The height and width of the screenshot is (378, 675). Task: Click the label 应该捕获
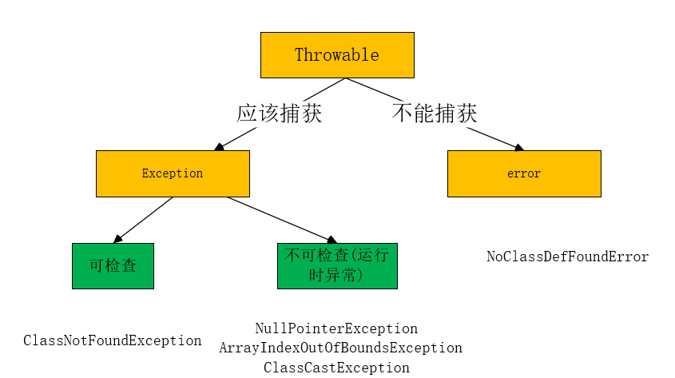(x=279, y=113)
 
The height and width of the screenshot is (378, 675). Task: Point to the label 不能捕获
(x=435, y=113)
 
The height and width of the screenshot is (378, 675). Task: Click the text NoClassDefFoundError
(x=568, y=257)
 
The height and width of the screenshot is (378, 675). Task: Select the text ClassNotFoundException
(x=113, y=340)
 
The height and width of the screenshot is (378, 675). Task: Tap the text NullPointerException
(x=336, y=328)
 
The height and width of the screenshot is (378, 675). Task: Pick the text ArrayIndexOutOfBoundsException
(x=340, y=348)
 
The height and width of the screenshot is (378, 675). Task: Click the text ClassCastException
(x=336, y=368)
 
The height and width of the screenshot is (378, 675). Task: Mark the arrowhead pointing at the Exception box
(x=217, y=148)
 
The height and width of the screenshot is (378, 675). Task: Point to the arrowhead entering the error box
(x=519, y=148)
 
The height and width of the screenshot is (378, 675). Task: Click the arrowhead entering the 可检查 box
(x=118, y=239)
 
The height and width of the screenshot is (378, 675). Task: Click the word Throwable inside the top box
(x=337, y=55)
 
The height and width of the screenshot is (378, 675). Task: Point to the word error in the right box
(x=524, y=173)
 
